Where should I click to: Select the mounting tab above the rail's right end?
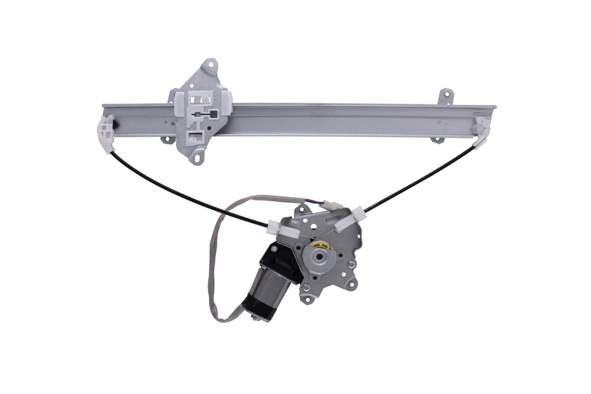point(447,95)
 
